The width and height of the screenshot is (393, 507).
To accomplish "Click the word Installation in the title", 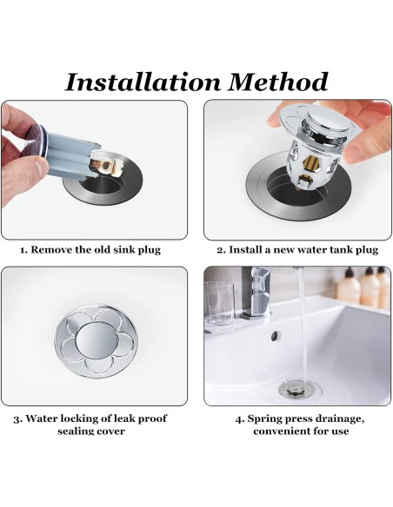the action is (143, 82).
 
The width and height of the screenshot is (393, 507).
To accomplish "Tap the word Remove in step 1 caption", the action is (51, 250).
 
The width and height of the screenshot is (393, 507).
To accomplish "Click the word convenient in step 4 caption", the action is (281, 431).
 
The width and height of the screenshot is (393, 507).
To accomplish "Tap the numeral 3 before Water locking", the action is (17, 419).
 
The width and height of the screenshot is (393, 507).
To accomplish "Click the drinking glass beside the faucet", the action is (218, 304).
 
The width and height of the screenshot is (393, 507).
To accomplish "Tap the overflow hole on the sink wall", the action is (275, 336).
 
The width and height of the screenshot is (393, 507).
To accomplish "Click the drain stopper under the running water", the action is (296, 389).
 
